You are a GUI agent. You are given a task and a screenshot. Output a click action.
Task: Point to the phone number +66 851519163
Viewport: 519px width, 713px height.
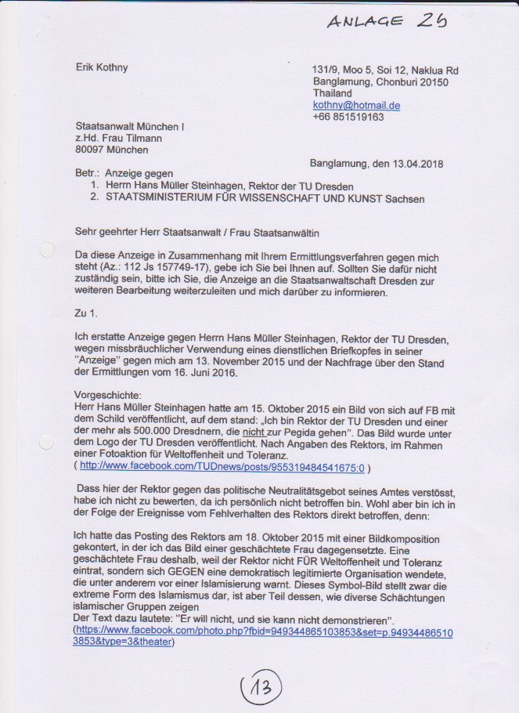pos(348,117)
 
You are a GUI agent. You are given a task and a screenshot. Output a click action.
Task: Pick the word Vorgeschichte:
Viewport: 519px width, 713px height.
pos(106,396)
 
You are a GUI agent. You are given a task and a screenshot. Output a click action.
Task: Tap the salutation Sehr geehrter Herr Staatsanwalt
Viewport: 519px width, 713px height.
pos(163,233)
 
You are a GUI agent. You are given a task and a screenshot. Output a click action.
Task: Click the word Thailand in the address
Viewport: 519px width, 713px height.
pos(332,93)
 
